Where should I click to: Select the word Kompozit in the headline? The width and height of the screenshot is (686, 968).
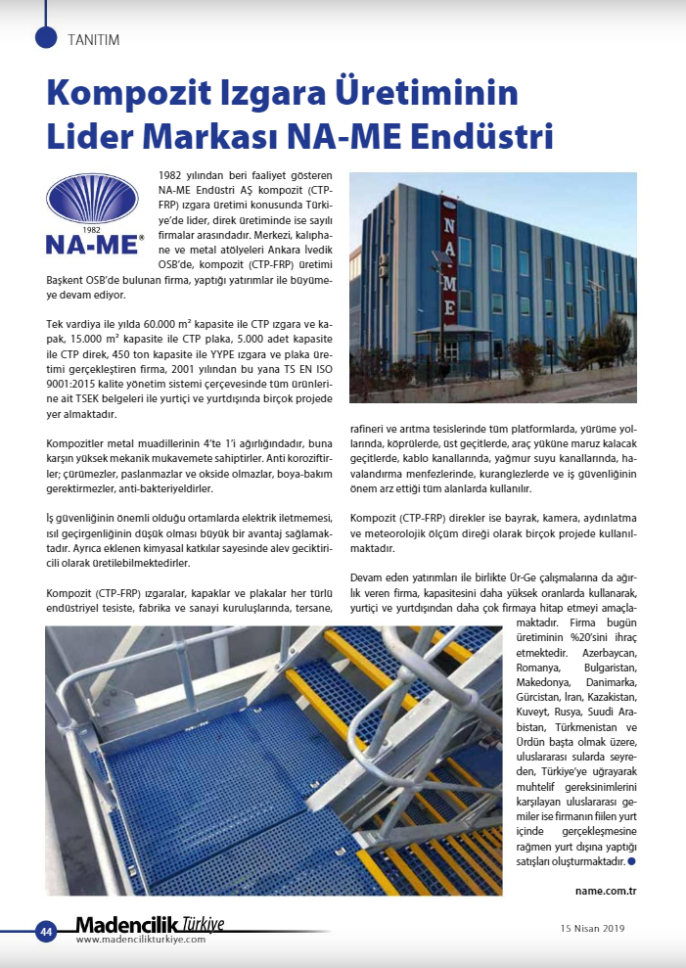pos(125,95)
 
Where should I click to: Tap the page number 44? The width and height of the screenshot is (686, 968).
pos(45,931)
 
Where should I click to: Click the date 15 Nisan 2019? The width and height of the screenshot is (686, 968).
pos(592,928)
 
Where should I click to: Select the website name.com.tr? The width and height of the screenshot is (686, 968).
pos(604,891)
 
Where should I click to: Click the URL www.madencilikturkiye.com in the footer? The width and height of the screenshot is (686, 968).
pos(141,940)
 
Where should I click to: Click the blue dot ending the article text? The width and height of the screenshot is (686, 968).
pos(631,861)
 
